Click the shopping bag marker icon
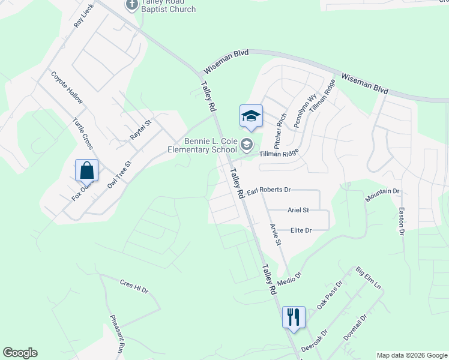click(x=87, y=170)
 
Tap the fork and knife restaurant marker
click(x=294, y=317)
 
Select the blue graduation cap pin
click(x=252, y=116)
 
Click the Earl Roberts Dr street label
click(x=268, y=190)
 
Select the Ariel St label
click(x=298, y=210)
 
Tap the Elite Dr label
click(x=301, y=230)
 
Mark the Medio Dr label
click(x=289, y=278)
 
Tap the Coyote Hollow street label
click(x=67, y=88)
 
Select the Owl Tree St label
click(x=119, y=174)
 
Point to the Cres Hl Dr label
click(x=133, y=286)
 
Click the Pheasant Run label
click(x=117, y=333)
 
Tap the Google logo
click(x=20, y=353)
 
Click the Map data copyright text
click(x=412, y=355)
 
